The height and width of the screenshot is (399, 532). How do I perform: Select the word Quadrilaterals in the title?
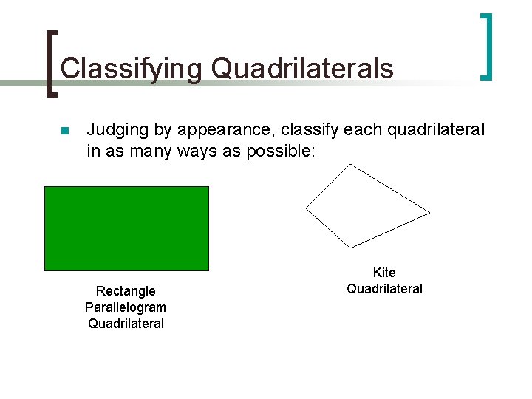[x=302, y=69]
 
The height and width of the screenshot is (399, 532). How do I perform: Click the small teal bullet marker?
[x=64, y=132]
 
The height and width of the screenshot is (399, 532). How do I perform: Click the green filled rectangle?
[x=126, y=228]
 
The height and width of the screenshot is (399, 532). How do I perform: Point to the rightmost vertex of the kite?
[x=429, y=213]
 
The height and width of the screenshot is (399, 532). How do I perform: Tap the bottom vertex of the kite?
[x=350, y=247]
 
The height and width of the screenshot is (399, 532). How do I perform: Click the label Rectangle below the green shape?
[x=126, y=291]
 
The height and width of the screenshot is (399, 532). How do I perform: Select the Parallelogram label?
[x=126, y=307]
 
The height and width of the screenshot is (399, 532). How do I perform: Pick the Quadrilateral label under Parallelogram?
[x=126, y=324]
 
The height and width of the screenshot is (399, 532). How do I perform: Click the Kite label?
[x=384, y=273]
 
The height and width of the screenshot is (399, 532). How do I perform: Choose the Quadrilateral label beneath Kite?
[x=384, y=289]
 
